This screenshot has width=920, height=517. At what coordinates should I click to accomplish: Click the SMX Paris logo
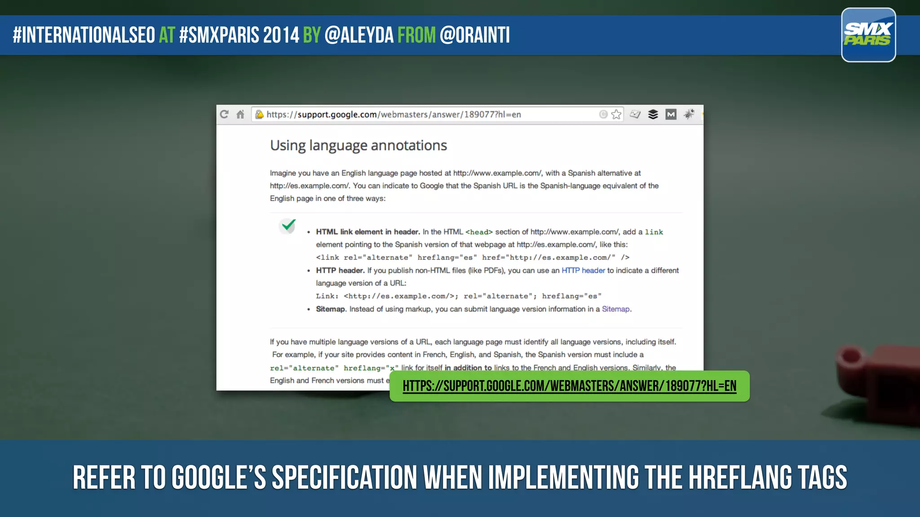coord(868,35)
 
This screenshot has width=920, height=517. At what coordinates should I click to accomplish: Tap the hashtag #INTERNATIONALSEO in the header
coord(84,35)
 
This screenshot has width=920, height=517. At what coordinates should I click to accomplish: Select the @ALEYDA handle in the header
coord(358,35)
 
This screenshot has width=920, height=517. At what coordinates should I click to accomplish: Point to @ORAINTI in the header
coord(474,35)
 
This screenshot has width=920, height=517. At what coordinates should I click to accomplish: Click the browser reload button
coord(224,114)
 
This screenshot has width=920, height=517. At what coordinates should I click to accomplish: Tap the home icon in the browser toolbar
coord(240,114)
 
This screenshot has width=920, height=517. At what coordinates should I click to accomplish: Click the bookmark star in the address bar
coord(616,114)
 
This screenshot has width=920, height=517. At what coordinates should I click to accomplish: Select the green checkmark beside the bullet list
coord(288,225)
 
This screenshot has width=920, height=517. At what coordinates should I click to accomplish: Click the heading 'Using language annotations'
coord(358,145)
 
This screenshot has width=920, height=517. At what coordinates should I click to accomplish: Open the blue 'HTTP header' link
coord(583,270)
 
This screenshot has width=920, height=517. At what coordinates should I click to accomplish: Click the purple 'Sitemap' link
coord(615,309)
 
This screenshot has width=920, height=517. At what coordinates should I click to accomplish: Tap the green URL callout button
coord(569,386)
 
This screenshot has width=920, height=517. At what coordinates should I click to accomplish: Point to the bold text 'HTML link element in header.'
coord(367,232)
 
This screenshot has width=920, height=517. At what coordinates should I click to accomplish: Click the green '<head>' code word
coord(479,232)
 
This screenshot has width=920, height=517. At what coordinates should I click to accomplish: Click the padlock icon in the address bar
coord(259,114)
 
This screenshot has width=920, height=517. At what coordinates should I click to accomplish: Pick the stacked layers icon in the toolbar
coord(653,114)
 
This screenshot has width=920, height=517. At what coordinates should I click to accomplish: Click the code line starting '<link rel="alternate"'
coord(472,257)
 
